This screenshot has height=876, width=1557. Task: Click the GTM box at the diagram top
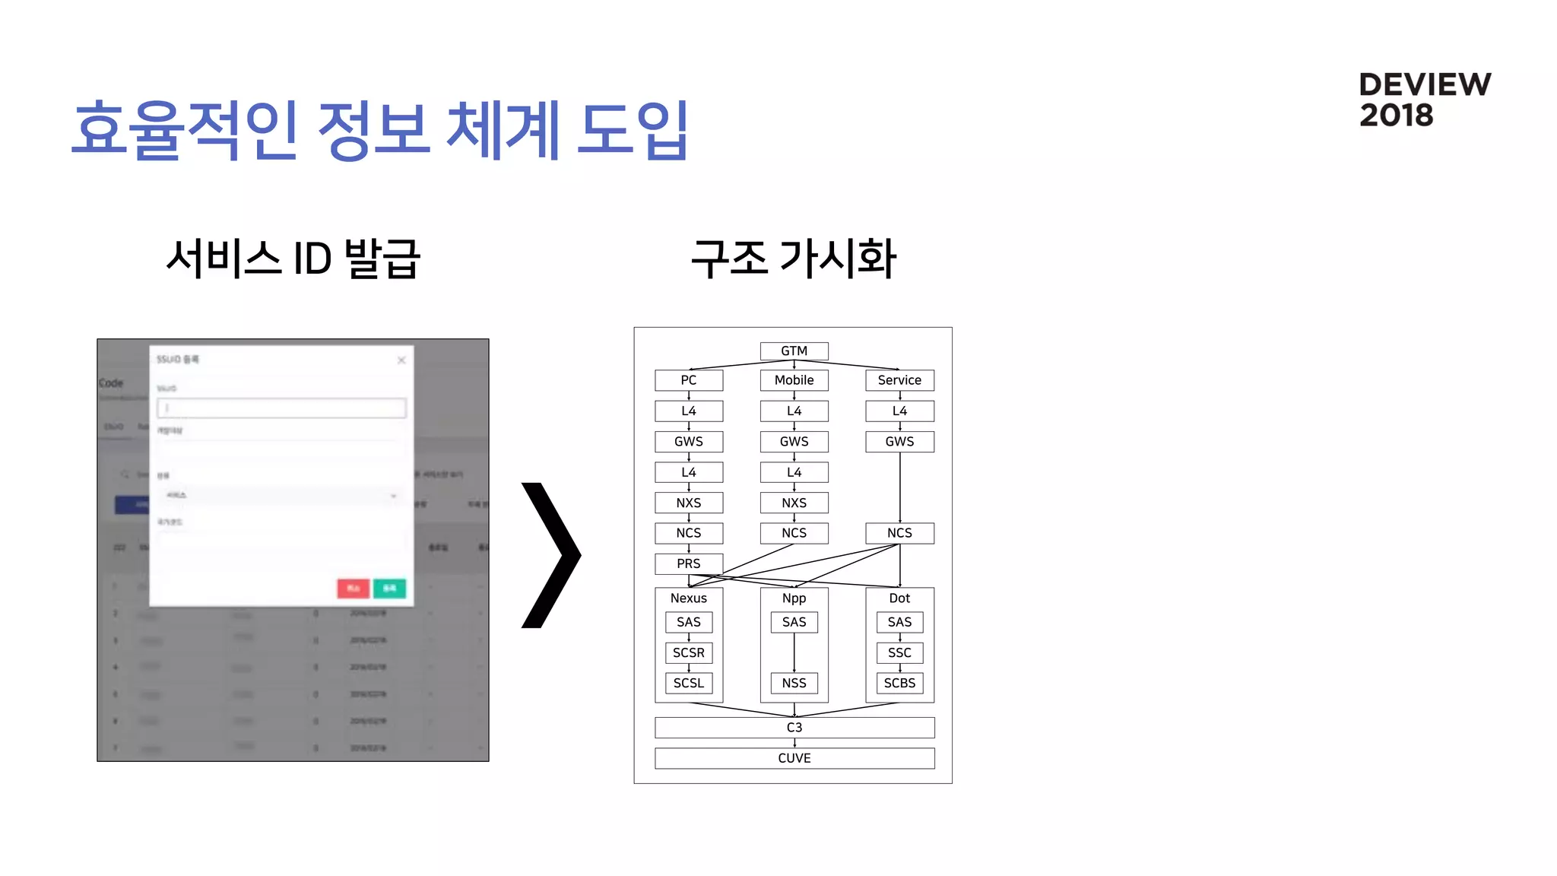[x=794, y=351]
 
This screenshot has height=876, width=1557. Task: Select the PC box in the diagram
[x=688, y=380]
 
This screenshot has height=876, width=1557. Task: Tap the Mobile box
[x=794, y=380]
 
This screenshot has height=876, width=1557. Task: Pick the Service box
[x=899, y=380]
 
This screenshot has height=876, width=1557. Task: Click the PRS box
[x=688, y=563]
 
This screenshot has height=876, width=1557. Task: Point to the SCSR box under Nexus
[x=688, y=652]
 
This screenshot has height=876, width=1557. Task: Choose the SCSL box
[x=688, y=683]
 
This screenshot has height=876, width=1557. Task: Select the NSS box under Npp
[x=794, y=683]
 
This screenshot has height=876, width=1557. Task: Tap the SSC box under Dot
[x=899, y=652]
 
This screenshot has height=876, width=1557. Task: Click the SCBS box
[x=899, y=683]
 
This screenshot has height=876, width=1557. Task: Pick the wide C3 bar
[x=794, y=728]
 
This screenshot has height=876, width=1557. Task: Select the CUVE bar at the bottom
[x=794, y=758]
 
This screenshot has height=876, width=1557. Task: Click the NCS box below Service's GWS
[x=899, y=533]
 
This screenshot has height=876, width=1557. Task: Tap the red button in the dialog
[x=353, y=588]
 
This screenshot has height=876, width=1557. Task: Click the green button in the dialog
[x=389, y=588]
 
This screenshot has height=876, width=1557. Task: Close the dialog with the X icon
[x=401, y=360]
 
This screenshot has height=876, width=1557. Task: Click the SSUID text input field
[x=281, y=408]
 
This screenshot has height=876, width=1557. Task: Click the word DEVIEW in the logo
[x=1425, y=84]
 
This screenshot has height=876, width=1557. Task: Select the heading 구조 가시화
[x=794, y=259]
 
